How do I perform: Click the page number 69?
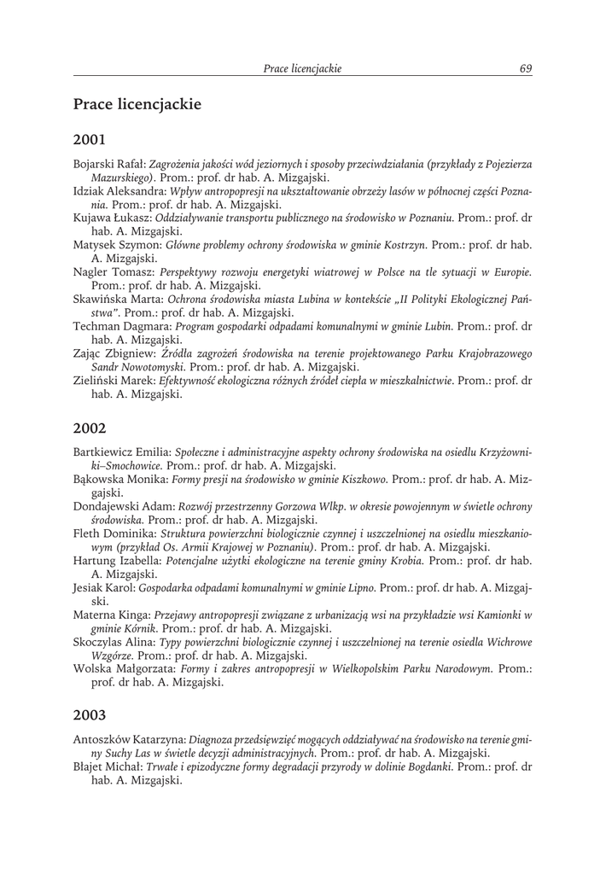526,68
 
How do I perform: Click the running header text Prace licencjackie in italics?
302,68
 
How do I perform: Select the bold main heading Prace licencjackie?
137,105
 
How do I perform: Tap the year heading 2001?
89,137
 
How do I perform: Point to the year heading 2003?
89,714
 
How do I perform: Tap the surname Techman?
98,327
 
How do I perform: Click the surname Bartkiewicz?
105,452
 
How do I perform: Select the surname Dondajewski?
108,506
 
